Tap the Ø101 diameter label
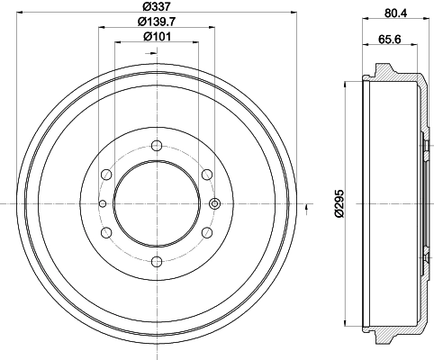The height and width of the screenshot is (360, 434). (157, 37)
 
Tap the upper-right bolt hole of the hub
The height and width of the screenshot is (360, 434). (206, 175)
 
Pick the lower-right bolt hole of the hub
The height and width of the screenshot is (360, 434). (206, 233)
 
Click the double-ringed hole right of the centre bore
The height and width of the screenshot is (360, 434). (214, 204)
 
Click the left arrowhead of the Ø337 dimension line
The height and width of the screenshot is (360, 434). (19, 13)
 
